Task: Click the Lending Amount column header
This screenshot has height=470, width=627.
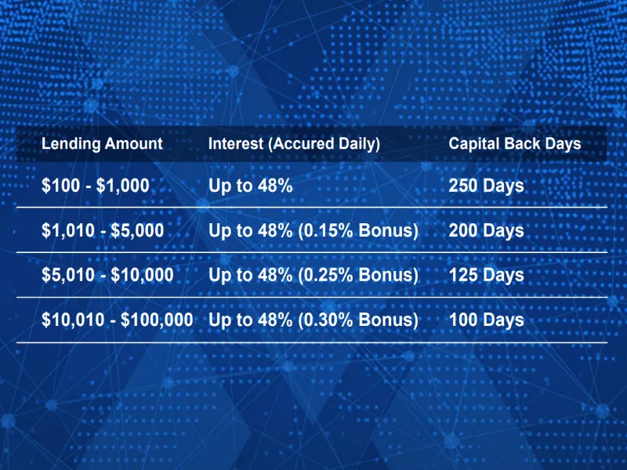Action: [x=102, y=144]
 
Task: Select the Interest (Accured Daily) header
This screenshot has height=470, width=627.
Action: [x=294, y=144]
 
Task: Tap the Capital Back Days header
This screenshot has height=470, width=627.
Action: [x=515, y=144]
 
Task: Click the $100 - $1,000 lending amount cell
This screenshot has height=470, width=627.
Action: [x=95, y=186]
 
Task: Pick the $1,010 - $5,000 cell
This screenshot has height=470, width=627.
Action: [x=103, y=230]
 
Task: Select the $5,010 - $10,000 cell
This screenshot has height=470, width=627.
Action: [x=107, y=275]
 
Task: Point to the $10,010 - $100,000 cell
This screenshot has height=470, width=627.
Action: [x=117, y=320]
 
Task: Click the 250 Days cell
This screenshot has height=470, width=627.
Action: [x=486, y=186]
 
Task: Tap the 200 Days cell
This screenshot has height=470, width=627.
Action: [x=486, y=230]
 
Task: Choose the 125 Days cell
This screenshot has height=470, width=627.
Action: [x=486, y=275]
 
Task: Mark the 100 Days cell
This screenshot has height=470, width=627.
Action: [x=486, y=320]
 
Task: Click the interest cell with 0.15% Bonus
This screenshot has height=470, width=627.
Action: [x=313, y=230]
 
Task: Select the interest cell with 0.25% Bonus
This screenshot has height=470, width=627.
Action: [x=313, y=275]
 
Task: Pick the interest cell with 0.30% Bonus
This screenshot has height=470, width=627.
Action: [x=313, y=320]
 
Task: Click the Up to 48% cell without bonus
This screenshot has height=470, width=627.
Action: [x=250, y=186]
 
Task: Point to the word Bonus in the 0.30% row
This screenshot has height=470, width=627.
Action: [x=386, y=320]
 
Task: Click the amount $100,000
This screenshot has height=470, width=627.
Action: [x=157, y=320]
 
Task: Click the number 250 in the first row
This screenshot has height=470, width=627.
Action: [x=464, y=186]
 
